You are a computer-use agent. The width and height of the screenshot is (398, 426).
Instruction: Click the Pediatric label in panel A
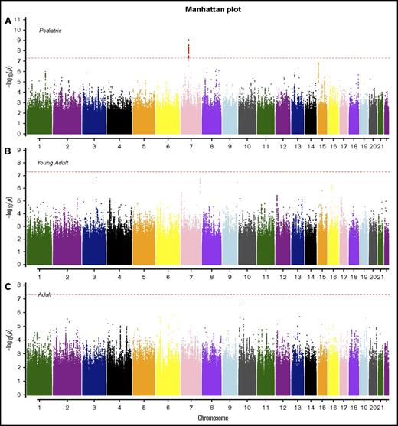tap(51, 30)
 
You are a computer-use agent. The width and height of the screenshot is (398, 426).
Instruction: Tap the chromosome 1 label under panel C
tap(38, 408)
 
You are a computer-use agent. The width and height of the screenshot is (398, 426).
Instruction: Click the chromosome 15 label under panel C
tap(322, 408)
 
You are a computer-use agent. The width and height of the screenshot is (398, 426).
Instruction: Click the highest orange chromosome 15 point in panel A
tap(318, 63)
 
